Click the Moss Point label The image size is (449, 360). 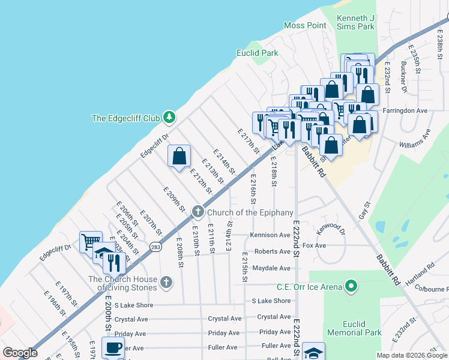coord(305,25)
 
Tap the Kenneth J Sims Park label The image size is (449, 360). coord(355,22)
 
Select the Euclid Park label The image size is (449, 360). coord(257,53)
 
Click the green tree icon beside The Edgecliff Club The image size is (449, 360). coord(169,118)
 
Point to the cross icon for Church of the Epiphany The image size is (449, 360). coord(197,212)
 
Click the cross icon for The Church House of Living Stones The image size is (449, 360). coord(166,281)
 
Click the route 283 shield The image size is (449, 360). coord(156,247)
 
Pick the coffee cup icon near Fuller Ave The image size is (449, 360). coord(113,346)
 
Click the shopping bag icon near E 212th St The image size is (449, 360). coord(179,156)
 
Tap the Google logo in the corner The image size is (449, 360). coord(20,353)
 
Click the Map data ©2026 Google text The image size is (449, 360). coord(412,355)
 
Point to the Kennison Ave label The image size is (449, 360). coord(271,235)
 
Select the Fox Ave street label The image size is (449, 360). coord(315,245)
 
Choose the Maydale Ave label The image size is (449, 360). coord(271,268)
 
